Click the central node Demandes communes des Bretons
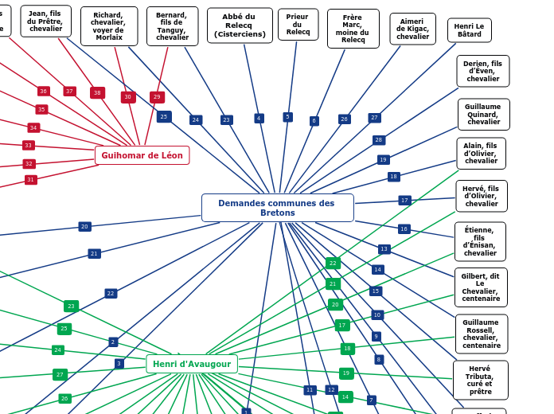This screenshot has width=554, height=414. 277,208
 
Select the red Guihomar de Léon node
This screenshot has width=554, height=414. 142,155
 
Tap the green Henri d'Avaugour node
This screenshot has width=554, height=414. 192,364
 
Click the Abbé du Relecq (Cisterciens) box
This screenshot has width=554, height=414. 240,25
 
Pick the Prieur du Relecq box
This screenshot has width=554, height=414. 298,25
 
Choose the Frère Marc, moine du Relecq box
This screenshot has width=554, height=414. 353,29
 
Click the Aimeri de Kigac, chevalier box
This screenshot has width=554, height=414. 412,29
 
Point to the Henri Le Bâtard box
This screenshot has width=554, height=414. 469,30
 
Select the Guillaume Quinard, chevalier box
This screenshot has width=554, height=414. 483,115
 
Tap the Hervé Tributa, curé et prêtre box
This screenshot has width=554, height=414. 480,380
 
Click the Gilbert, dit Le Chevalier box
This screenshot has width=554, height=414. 481,287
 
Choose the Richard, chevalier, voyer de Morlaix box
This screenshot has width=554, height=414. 108,26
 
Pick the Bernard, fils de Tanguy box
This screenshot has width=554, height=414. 172,26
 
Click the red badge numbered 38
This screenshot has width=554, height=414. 97,93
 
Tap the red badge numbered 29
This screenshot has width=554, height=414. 157,97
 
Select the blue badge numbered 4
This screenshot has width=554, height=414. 259,118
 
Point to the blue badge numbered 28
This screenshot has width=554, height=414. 379,140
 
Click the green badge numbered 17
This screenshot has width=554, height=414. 342,325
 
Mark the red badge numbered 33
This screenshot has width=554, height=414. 28,146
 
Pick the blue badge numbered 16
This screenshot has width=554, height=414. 404,229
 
